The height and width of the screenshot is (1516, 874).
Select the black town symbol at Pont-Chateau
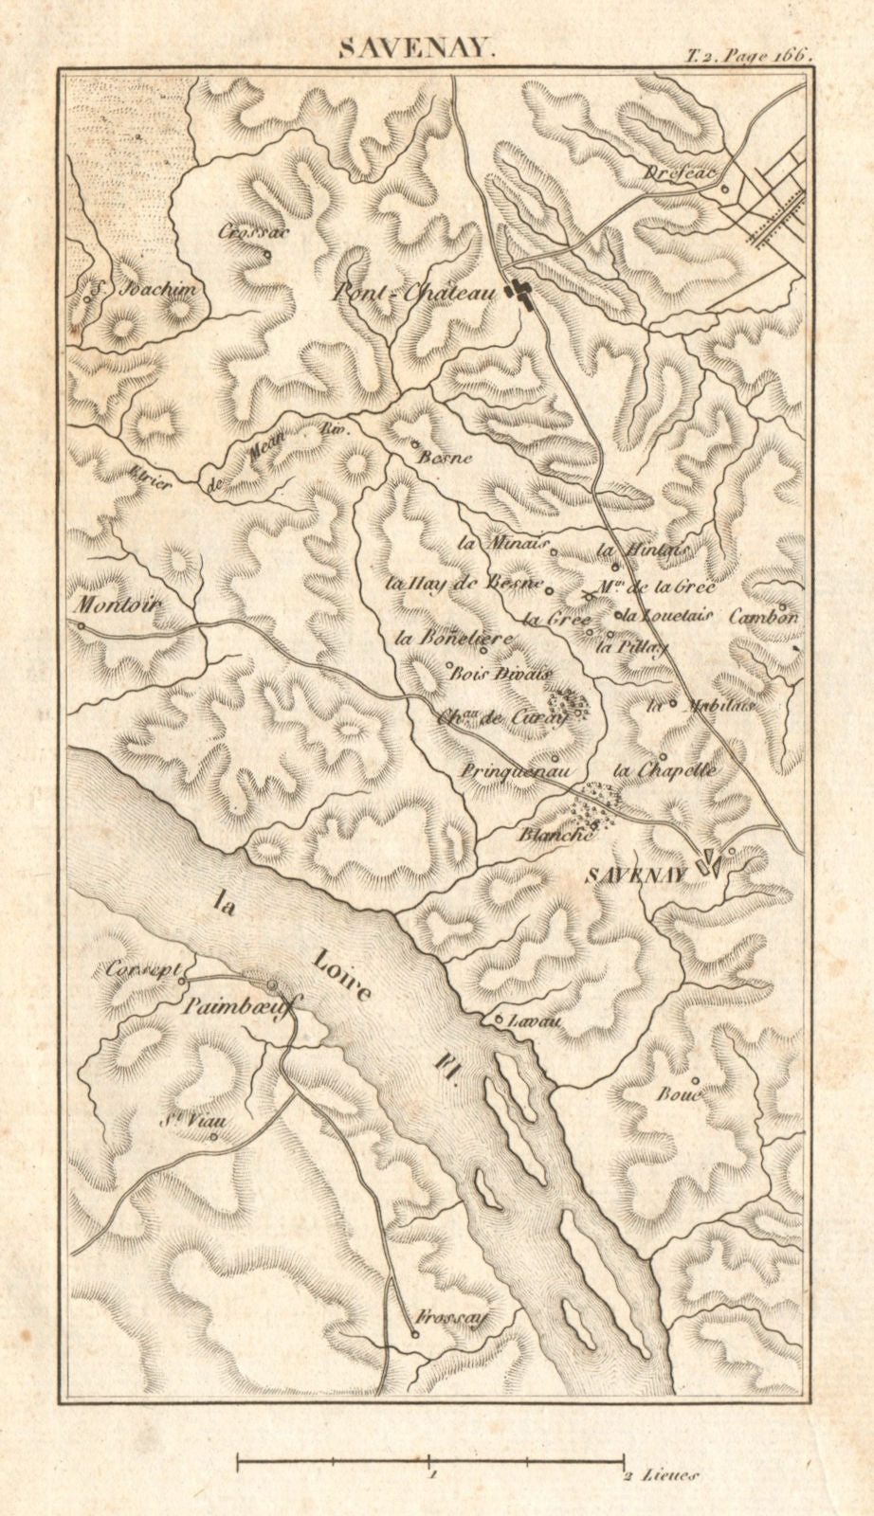519,295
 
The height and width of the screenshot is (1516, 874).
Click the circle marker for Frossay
414,1334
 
